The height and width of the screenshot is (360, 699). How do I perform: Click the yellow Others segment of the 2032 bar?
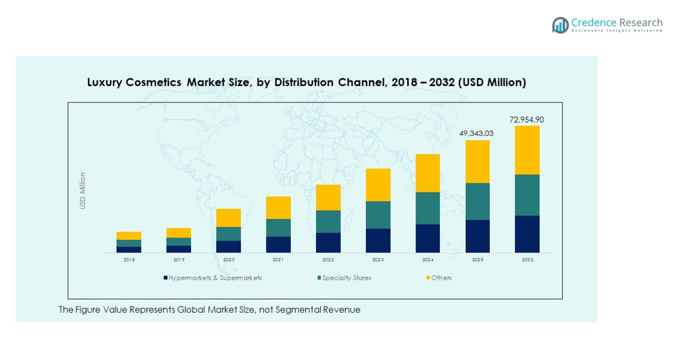tap(527, 150)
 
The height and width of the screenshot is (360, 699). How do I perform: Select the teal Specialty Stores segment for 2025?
tap(477, 201)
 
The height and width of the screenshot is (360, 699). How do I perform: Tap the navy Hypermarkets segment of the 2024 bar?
tap(427, 238)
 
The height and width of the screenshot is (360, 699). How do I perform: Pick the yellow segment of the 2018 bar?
tap(129, 236)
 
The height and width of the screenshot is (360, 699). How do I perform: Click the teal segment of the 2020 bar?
tap(228, 234)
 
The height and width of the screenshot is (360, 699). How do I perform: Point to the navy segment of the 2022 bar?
tap(328, 243)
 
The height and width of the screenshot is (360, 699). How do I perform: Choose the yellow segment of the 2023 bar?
tap(378, 185)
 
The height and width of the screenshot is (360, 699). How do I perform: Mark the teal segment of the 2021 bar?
tap(278, 227)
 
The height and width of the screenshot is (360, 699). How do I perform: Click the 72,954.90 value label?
tap(527, 119)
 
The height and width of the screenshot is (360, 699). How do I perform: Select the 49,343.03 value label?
tap(477, 133)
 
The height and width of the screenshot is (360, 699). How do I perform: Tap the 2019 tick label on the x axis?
tap(179, 259)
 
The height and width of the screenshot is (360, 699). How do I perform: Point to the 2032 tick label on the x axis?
tap(527, 259)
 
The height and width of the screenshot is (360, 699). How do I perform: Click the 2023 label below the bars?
tap(378, 259)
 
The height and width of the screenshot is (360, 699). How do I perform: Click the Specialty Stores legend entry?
tap(346, 278)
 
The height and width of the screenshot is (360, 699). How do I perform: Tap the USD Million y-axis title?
tap(82, 190)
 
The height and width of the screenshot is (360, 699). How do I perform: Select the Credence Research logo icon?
tap(560, 25)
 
